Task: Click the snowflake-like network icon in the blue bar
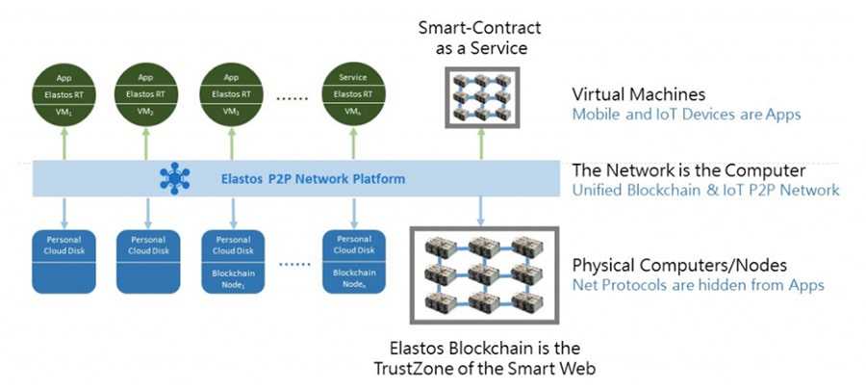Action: coord(175,178)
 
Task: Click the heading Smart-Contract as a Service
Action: coord(479,39)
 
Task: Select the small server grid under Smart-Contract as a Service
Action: coord(479,97)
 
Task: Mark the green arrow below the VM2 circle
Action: coord(146,144)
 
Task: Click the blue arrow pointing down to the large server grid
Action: coord(480,211)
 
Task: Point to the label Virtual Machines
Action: coord(639,95)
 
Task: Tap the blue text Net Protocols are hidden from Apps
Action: coord(698,285)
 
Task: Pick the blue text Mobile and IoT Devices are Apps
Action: coord(687,115)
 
